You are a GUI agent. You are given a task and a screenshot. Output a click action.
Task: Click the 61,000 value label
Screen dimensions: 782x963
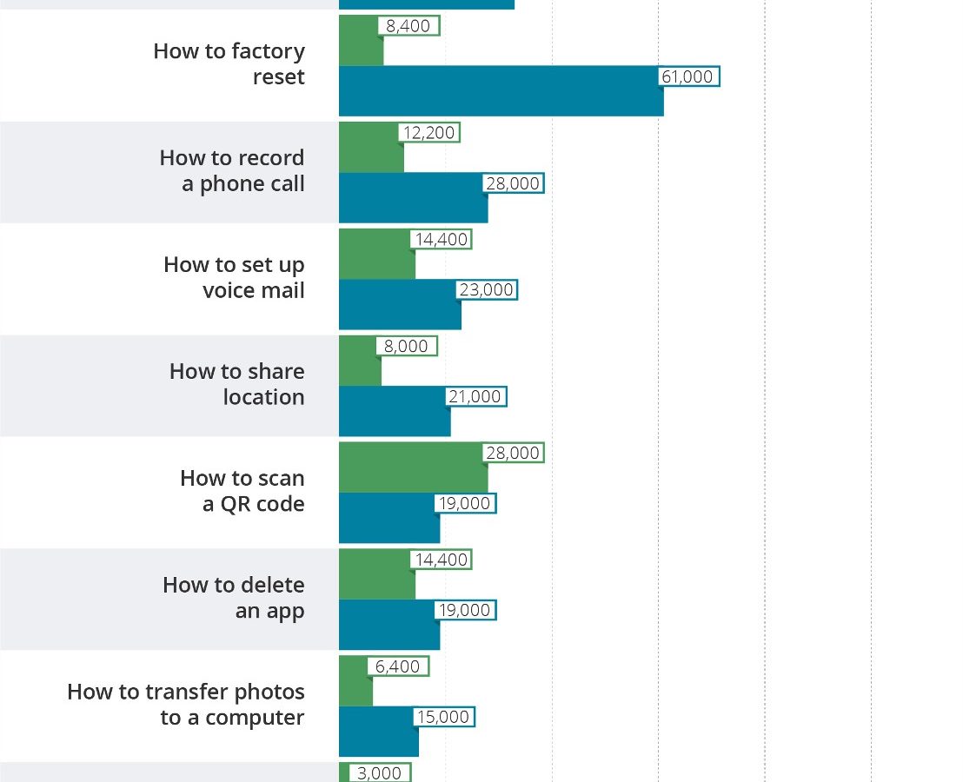click(687, 76)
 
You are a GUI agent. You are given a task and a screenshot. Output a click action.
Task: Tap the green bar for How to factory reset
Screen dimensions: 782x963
click(361, 52)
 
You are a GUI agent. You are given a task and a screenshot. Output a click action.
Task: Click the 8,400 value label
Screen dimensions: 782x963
click(408, 26)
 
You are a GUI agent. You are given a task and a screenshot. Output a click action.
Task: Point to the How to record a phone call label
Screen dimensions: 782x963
click(232, 171)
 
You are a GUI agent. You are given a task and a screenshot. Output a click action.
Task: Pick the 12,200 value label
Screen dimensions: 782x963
click(429, 132)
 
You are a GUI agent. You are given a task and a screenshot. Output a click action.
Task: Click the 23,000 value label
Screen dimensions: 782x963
click(487, 289)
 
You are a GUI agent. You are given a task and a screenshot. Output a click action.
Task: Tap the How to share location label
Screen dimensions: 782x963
click(237, 384)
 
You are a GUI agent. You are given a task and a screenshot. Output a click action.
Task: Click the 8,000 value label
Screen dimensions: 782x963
click(407, 346)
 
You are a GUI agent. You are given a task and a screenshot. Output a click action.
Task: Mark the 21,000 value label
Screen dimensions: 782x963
click(475, 396)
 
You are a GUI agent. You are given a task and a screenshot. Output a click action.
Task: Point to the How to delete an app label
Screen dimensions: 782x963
click(234, 598)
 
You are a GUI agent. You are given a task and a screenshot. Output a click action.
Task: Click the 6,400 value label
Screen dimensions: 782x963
click(398, 666)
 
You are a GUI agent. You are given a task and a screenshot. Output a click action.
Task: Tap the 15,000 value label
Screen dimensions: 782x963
click(443, 717)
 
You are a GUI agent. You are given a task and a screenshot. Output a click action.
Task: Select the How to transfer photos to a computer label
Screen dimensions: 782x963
click(186, 705)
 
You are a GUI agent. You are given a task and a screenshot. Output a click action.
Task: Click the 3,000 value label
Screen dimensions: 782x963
click(380, 772)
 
